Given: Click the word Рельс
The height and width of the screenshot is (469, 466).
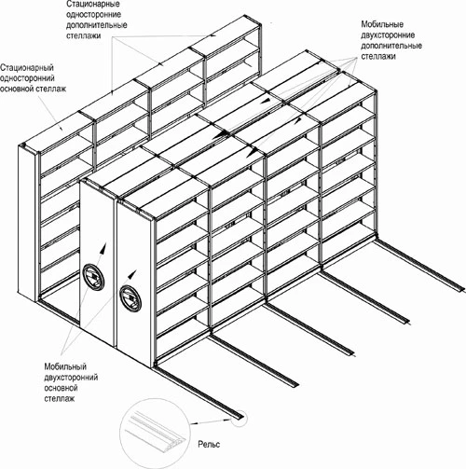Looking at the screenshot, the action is coord(209,444).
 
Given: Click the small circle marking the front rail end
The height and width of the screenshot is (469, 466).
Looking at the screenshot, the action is coord(240,419).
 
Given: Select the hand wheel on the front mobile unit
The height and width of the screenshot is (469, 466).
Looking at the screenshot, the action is coord(130,298).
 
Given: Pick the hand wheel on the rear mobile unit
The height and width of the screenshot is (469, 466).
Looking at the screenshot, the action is coord(93,277).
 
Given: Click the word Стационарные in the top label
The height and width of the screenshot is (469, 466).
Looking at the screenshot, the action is coord(93,5).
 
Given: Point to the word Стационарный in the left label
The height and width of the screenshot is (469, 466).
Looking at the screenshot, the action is coord(27,67).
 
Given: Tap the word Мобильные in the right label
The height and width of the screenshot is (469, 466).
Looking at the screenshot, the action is coord(382,24).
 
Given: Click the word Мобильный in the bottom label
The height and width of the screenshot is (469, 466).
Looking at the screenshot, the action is coord(65,366).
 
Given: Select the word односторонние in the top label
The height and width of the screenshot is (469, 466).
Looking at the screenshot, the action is coord(93,15).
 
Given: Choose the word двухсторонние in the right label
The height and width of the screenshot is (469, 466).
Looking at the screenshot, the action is coord(388,34).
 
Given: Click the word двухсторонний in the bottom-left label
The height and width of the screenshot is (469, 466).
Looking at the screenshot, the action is coord(71,378).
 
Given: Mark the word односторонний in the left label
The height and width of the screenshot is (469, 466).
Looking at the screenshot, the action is coord(27,78).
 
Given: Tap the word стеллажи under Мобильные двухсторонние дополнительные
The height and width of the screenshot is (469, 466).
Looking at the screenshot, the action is coord(378,56).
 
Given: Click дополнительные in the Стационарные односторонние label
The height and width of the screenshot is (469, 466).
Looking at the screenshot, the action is coord(97,25).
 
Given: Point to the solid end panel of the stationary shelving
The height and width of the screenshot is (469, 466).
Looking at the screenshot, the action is coord(27,222).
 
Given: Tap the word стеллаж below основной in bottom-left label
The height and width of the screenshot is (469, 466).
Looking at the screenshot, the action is coord(60,398).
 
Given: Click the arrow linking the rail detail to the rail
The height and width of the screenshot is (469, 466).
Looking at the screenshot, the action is coord(212,421).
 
